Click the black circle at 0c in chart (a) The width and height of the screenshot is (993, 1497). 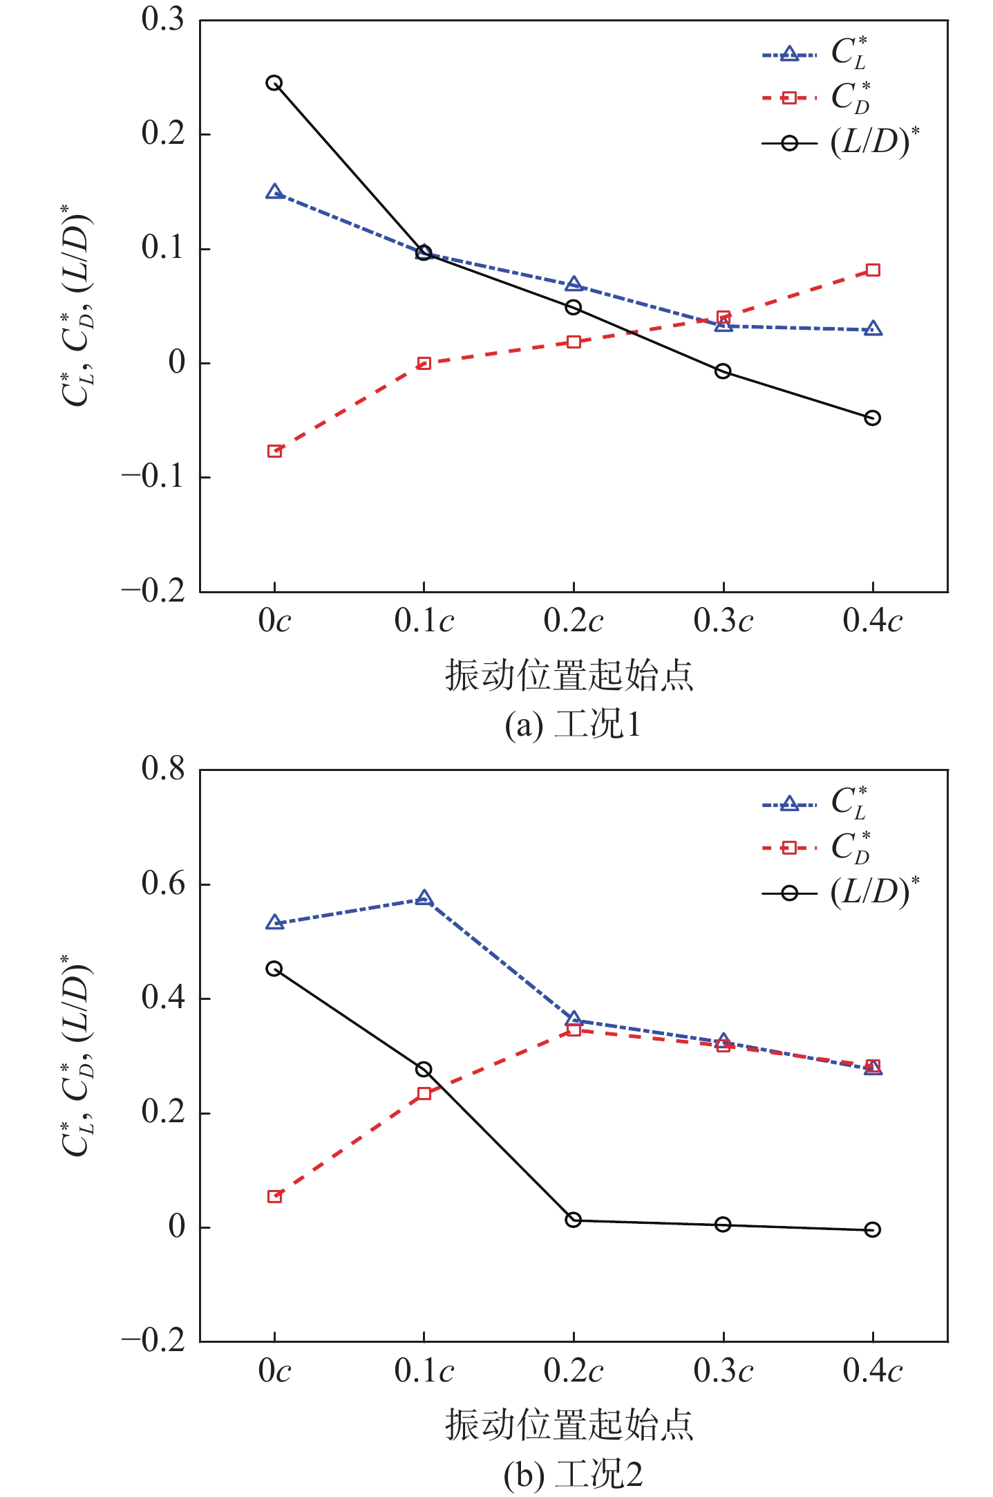(274, 83)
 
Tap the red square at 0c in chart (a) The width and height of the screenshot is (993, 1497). (274, 451)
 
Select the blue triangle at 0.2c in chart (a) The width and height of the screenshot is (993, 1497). (574, 284)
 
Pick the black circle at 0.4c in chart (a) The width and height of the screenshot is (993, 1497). (873, 418)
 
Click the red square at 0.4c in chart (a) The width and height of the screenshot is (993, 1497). (873, 270)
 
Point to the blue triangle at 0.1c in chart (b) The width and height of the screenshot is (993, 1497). (424, 898)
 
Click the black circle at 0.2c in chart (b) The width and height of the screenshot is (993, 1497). (574, 1220)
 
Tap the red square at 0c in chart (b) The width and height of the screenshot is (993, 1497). (274, 1196)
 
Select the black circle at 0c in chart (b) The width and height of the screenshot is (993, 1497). (274, 968)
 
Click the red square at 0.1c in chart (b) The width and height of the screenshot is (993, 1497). (424, 1093)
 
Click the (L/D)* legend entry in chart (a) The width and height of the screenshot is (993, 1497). (840, 143)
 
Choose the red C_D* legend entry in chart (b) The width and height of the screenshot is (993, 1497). (815, 848)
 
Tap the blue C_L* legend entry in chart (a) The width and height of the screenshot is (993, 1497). (815, 54)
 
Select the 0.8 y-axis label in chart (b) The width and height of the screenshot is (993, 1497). (163, 769)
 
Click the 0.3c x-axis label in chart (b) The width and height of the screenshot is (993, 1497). (723, 1370)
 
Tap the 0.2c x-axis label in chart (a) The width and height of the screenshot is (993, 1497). (574, 621)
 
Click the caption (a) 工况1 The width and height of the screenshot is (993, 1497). (572, 725)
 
